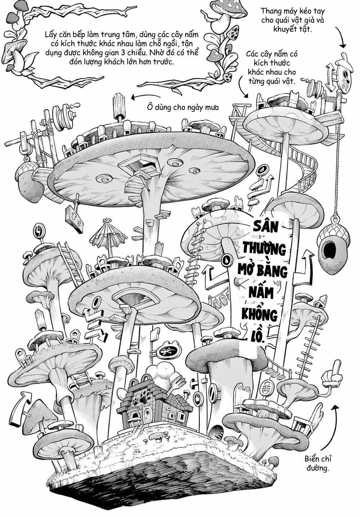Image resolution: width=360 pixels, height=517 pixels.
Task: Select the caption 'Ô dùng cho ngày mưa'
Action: click(183, 107)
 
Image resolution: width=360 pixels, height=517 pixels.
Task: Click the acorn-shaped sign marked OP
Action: click(343, 74)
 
